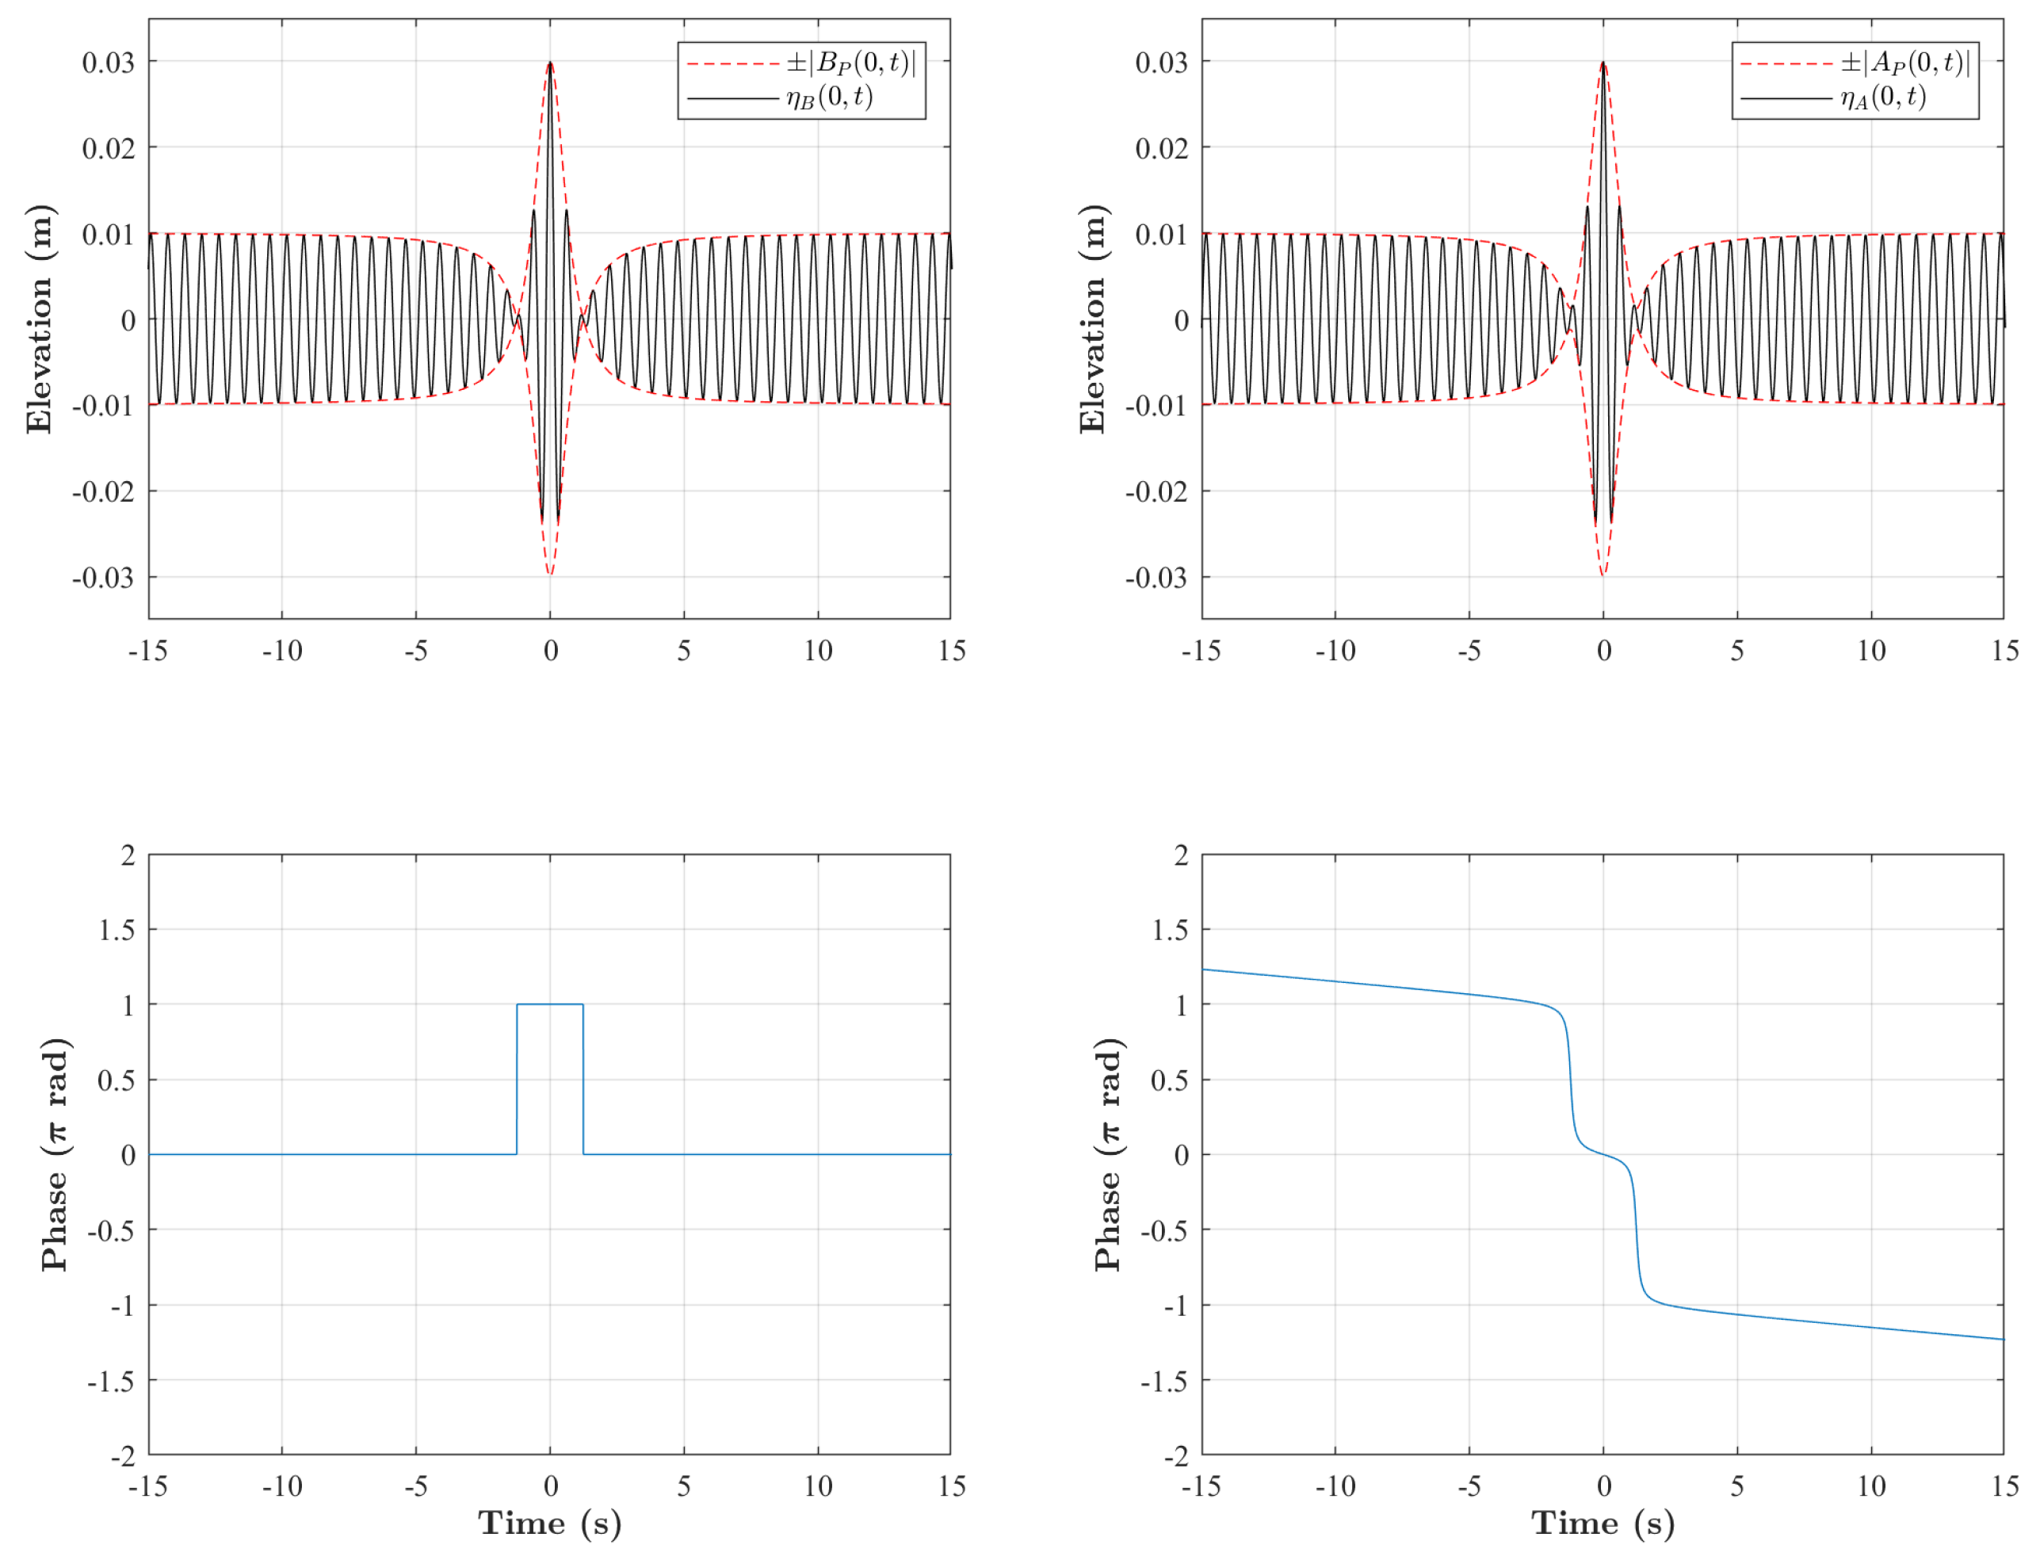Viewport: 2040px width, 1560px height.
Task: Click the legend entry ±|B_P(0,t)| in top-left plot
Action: (x=850, y=63)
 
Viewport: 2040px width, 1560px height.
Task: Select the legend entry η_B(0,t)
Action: (x=829, y=97)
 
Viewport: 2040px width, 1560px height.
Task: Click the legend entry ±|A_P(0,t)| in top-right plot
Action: (x=1904, y=63)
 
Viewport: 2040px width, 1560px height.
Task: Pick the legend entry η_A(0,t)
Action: (x=1883, y=97)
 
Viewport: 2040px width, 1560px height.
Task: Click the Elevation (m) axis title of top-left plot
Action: (x=40, y=319)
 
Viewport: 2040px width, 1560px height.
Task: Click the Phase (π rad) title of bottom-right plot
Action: (x=1109, y=1154)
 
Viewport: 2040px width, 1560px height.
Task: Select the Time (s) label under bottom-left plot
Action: (x=550, y=1524)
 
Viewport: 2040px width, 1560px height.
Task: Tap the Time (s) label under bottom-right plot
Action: (x=1603, y=1524)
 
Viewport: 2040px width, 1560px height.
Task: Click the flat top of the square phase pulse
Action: (x=550, y=1004)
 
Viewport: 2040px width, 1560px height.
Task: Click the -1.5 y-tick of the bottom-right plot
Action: (x=1163, y=1382)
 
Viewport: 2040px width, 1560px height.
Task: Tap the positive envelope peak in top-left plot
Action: (x=551, y=63)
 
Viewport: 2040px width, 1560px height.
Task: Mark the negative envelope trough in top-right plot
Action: (x=1603, y=575)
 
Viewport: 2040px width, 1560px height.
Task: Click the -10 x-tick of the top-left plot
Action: (x=282, y=651)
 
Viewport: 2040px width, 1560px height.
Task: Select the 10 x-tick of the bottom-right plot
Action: (x=1871, y=1486)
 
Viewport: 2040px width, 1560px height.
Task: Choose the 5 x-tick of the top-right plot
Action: (x=1737, y=651)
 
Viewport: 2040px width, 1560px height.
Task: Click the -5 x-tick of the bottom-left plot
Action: (x=416, y=1486)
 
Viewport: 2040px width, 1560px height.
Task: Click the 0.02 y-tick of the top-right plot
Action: (x=1160, y=148)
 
